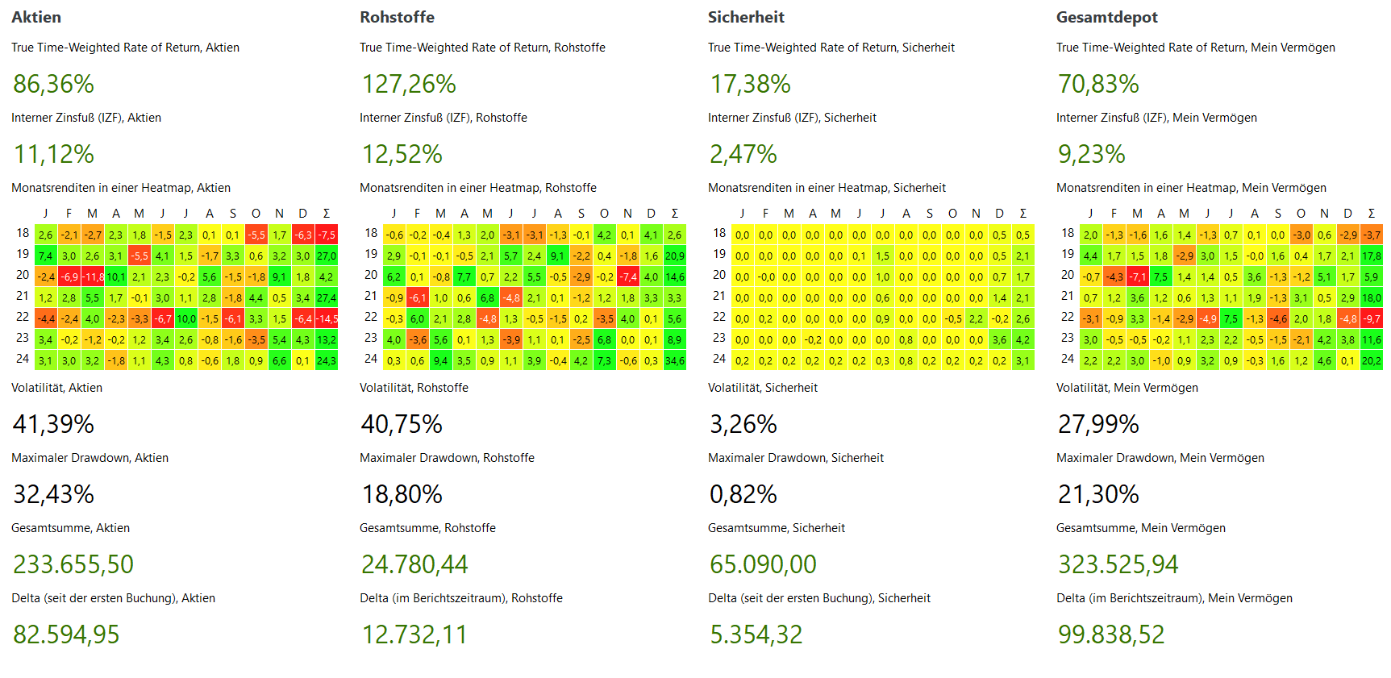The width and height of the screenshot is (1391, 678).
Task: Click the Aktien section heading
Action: pyautogui.click(x=36, y=17)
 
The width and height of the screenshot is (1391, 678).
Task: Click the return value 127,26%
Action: pyautogui.click(x=409, y=84)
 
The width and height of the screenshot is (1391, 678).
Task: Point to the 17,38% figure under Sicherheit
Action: pyautogui.click(x=750, y=84)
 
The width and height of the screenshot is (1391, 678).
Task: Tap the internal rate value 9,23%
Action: pyautogui.click(x=1091, y=154)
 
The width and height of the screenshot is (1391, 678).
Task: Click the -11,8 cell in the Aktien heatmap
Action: pyautogui.click(x=93, y=277)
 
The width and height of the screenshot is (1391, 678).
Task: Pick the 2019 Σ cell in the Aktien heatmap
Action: pyautogui.click(x=327, y=256)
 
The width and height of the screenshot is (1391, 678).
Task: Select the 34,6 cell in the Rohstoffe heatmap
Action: pyautogui.click(x=675, y=360)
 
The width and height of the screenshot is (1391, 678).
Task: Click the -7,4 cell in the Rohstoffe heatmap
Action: pyautogui.click(x=628, y=277)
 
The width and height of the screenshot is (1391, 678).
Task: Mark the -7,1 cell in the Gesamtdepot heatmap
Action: pyautogui.click(x=1138, y=277)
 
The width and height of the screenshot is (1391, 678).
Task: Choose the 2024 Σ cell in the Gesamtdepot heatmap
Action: pyautogui.click(x=1372, y=360)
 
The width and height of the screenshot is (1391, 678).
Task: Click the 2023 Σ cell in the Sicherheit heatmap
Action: pyautogui.click(x=1023, y=339)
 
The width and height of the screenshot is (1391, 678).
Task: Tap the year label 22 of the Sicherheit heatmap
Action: pyautogui.click(x=719, y=317)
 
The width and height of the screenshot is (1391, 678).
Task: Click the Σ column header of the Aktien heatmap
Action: pyautogui.click(x=327, y=214)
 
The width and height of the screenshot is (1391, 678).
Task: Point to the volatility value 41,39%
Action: pyautogui.click(x=53, y=424)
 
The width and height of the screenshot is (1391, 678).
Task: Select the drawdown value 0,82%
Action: pyautogui.click(x=743, y=494)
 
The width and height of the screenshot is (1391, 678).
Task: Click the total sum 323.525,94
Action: pyautogui.click(x=1118, y=564)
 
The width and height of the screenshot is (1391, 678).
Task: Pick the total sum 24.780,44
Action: pyautogui.click(x=414, y=564)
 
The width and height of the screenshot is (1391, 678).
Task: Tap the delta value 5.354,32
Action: pyautogui.click(x=756, y=634)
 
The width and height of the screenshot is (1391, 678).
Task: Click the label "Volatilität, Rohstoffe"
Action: pyautogui.click(x=414, y=388)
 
